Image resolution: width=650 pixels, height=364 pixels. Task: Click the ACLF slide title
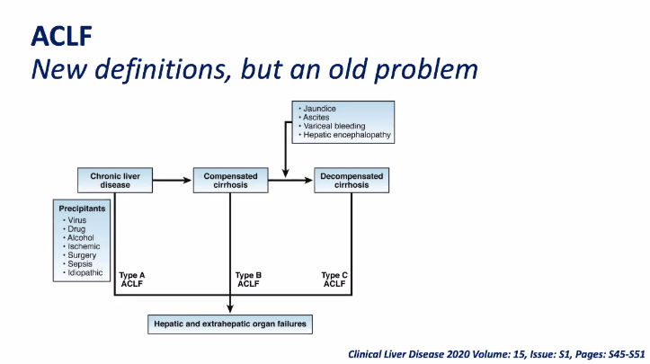[x=62, y=35]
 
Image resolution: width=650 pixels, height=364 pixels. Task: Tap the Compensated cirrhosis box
[x=231, y=181]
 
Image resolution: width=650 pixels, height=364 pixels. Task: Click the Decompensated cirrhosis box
[x=352, y=181]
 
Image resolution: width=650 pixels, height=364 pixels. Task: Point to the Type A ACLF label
[x=133, y=280]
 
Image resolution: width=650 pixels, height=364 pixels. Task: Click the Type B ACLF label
[x=248, y=280]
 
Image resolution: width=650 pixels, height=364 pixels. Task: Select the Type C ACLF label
[x=334, y=280]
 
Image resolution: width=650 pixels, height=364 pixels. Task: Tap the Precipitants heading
[x=82, y=208]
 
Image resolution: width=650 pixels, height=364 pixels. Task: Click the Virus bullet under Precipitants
[x=78, y=219]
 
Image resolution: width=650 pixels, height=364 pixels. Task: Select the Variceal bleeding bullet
[x=335, y=127]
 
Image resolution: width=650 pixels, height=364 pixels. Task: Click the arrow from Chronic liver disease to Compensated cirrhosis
[x=170, y=181]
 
